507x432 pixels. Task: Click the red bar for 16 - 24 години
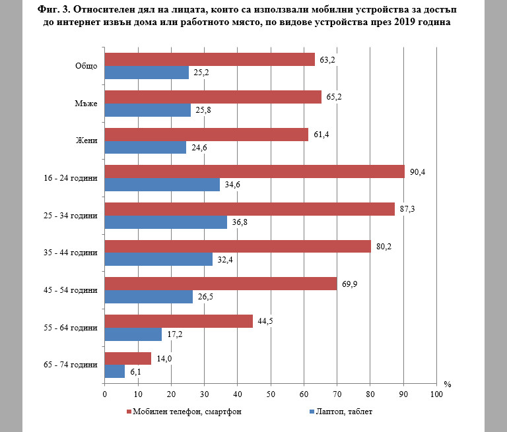pyautogui.click(x=254, y=171)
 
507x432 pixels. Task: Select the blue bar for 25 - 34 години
pyautogui.click(x=166, y=222)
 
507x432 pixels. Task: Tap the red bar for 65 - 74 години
pyautogui.click(x=127, y=358)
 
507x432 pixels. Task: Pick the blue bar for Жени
pyautogui.click(x=145, y=148)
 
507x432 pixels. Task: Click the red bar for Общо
pyautogui.click(x=209, y=59)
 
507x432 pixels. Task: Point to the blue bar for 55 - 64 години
pyautogui.click(x=133, y=334)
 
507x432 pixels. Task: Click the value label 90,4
pyautogui.click(x=417, y=172)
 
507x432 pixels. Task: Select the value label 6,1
pyautogui.click(x=134, y=372)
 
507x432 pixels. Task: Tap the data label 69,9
pyautogui.click(x=349, y=285)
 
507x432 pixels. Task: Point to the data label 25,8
pyautogui.click(x=203, y=110)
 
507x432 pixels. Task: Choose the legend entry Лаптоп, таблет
pyautogui.click(x=340, y=413)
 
